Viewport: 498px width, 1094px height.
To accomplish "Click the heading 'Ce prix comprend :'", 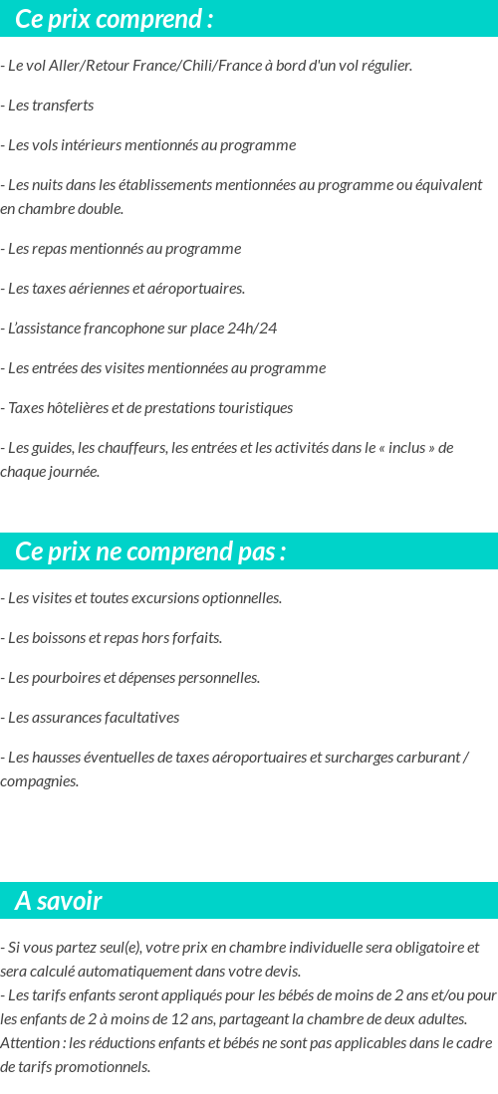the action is point(115,20).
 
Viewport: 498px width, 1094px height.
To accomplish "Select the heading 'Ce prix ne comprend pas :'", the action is point(150,551).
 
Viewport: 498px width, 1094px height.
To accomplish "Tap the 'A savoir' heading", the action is point(58,901).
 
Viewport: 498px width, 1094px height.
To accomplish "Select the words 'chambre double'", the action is point(74,209).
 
